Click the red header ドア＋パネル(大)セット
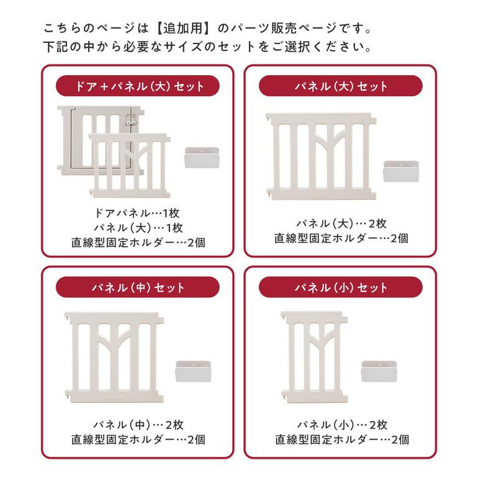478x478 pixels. [x=138, y=86]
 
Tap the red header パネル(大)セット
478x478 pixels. [x=340, y=86]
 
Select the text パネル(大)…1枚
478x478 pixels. [x=138, y=227]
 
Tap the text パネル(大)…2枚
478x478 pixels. [x=340, y=223]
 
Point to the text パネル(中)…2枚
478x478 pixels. [x=138, y=425]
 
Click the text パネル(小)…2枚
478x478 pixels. [x=340, y=425]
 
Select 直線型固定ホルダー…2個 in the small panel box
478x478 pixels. [x=340, y=440]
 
